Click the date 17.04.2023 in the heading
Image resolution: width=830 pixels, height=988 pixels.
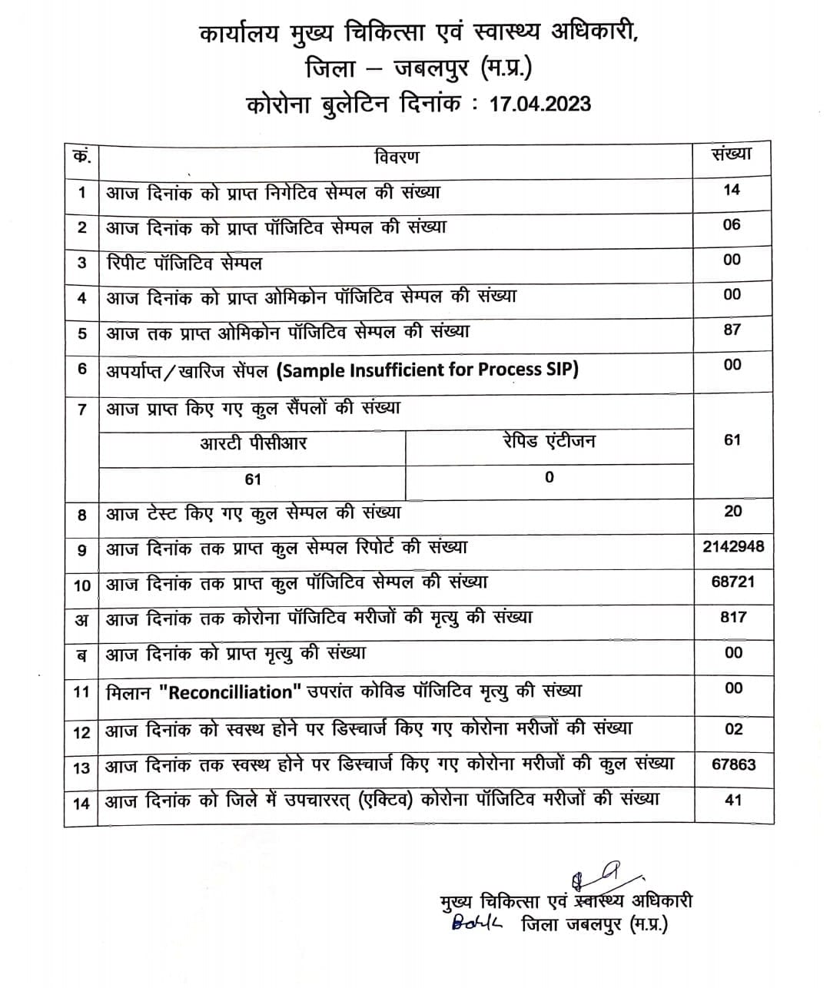pos(540,104)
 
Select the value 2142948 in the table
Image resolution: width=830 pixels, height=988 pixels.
pos(732,546)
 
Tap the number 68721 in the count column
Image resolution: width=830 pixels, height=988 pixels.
pos(732,582)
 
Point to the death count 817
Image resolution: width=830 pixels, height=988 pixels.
pos(732,617)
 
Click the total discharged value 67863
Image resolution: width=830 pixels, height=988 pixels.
pos(733,764)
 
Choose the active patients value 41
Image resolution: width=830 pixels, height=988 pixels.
pos(733,800)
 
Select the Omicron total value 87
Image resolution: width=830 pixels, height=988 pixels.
pos(732,330)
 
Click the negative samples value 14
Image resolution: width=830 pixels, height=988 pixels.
pos(732,189)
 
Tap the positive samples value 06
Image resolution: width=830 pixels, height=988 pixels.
pos(732,224)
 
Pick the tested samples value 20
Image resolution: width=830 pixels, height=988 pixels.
pos(732,511)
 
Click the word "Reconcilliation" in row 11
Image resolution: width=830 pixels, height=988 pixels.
pos(231,692)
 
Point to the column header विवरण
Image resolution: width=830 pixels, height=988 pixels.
pos(397,157)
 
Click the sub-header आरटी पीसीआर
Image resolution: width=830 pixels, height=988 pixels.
pos(253,443)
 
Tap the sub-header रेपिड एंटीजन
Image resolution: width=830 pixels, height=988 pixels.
pos(549,441)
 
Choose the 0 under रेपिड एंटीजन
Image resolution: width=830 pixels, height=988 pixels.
pos(549,477)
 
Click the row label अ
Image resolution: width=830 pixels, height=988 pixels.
pos(81,620)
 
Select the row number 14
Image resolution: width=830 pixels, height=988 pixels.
pos(81,803)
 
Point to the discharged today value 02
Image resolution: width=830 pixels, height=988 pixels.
pos(733,729)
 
